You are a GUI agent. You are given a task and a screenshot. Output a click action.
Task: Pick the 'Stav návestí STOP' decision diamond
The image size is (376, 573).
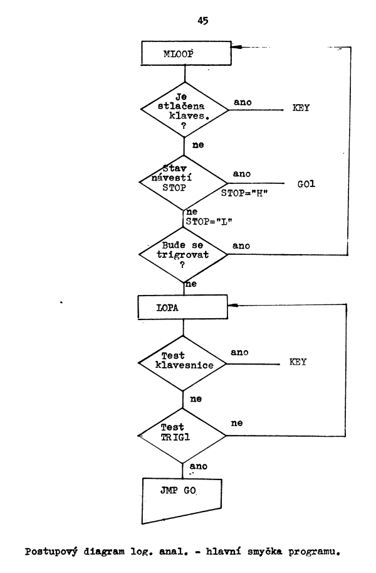click(x=183, y=181)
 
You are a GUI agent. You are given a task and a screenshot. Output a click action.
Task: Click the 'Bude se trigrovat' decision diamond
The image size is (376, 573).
click(x=183, y=255)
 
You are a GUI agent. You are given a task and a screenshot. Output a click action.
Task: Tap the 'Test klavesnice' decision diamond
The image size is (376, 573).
click(x=183, y=363)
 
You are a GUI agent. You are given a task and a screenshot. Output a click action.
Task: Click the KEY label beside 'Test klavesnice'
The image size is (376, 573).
click(x=298, y=362)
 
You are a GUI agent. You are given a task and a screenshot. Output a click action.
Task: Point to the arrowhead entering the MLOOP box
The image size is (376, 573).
click(x=232, y=47)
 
